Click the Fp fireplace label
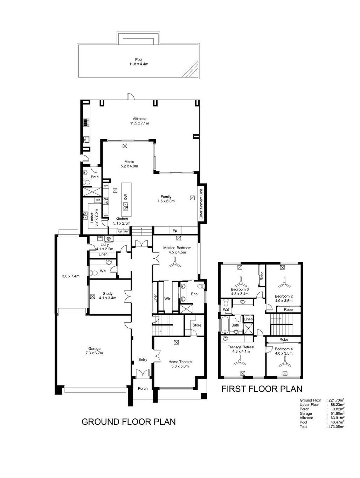click(x=172, y=227)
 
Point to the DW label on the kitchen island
click(x=124, y=194)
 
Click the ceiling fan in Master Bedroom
click(x=172, y=261)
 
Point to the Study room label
click(x=106, y=289)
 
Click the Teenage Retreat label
click(x=237, y=342)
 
